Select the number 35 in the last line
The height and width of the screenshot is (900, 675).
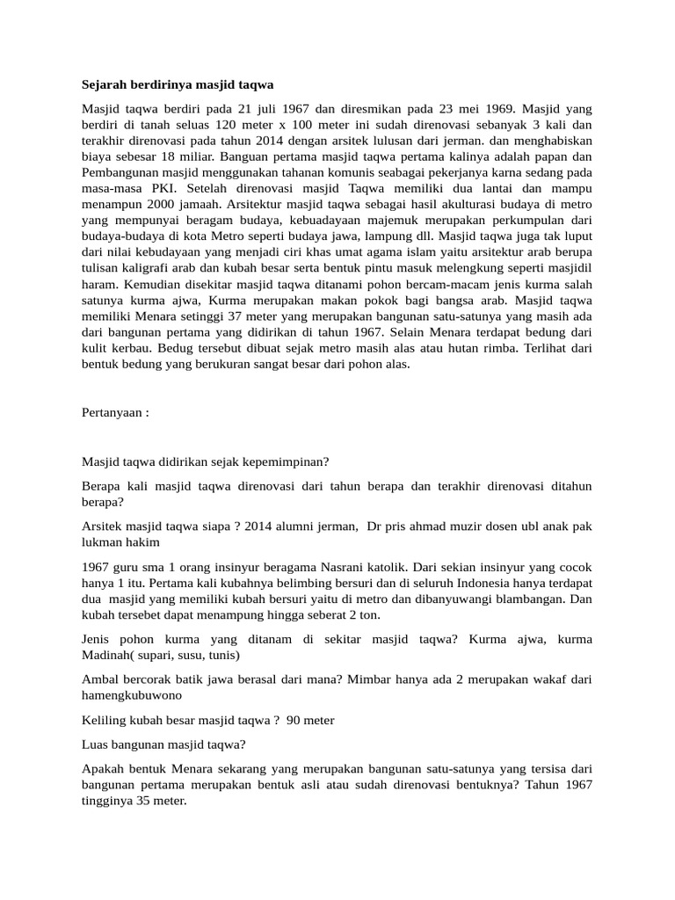tap(143, 802)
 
